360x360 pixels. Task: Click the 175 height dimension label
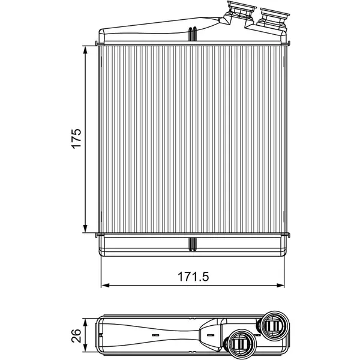pos(76,139)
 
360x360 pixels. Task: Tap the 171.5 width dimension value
pos(193,277)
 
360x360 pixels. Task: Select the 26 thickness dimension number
pos(76,335)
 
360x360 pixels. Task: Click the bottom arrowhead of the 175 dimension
pos(85,228)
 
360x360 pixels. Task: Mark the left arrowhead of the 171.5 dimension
pos(106,286)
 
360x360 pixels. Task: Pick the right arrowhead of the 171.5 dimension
pos(280,286)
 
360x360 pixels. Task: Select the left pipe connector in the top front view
pos(240,12)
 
